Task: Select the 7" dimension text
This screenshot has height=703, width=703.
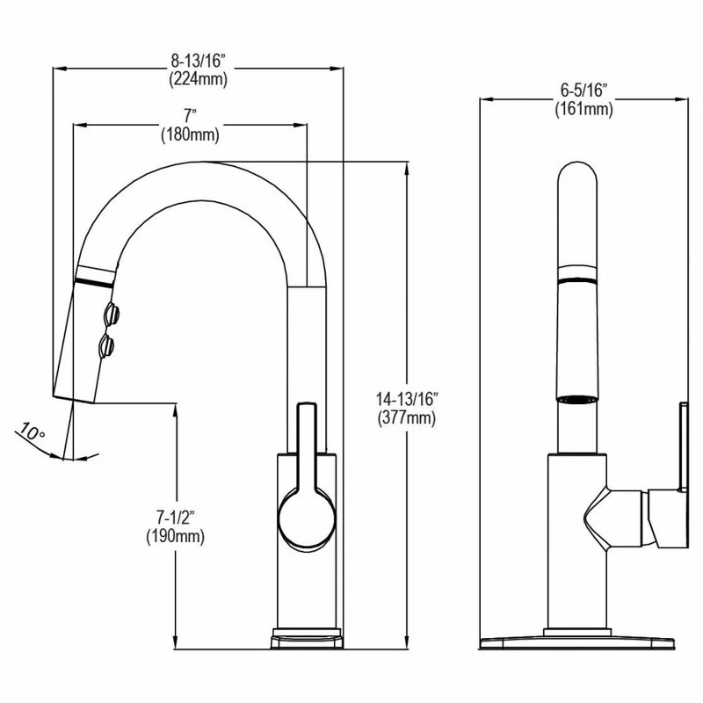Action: pyautogui.click(x=189, y=116)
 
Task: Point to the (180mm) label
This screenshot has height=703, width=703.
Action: pyautogui.click(x=189, y=134)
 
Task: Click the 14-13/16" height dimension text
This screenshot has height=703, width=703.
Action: pyautogui.click(x=405, y=399)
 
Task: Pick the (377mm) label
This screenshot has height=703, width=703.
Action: pyautogui.click(x=405, y=417)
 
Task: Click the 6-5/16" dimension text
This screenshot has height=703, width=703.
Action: pyautogui.click(x=583, y=91)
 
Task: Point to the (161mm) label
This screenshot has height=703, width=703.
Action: pyautogui.click(x=583, y=109)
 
